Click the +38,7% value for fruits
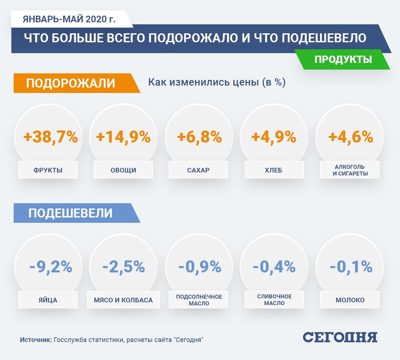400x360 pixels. (x=51, y=137)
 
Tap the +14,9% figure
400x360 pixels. (x=123, y=137)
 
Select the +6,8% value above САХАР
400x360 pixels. (x=199, y=137)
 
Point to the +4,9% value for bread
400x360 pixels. (x=274, y=137)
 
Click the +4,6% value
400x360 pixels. (x=351, y=137)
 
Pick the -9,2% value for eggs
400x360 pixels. (x=51, y=267)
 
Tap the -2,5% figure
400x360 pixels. (x=124, y=267)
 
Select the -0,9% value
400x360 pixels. (x=200, y=267)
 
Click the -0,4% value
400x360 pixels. (x=274, y=267)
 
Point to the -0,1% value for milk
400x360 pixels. (x=351, y=267)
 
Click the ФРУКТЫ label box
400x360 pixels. (x=48, y=170)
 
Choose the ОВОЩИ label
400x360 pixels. (x=123, y=170)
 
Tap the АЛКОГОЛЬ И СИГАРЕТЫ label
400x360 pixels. (x=350, y=170)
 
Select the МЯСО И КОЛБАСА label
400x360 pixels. (x=123, y=300)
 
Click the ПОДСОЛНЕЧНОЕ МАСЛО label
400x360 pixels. (x=199, y=300)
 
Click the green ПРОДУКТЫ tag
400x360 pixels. (x=343, y=59)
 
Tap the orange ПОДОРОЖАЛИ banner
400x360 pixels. (x=71, y=83)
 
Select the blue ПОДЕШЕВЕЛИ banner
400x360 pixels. (x=71, y=213)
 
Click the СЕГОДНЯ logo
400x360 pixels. (x=340, y=337)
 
